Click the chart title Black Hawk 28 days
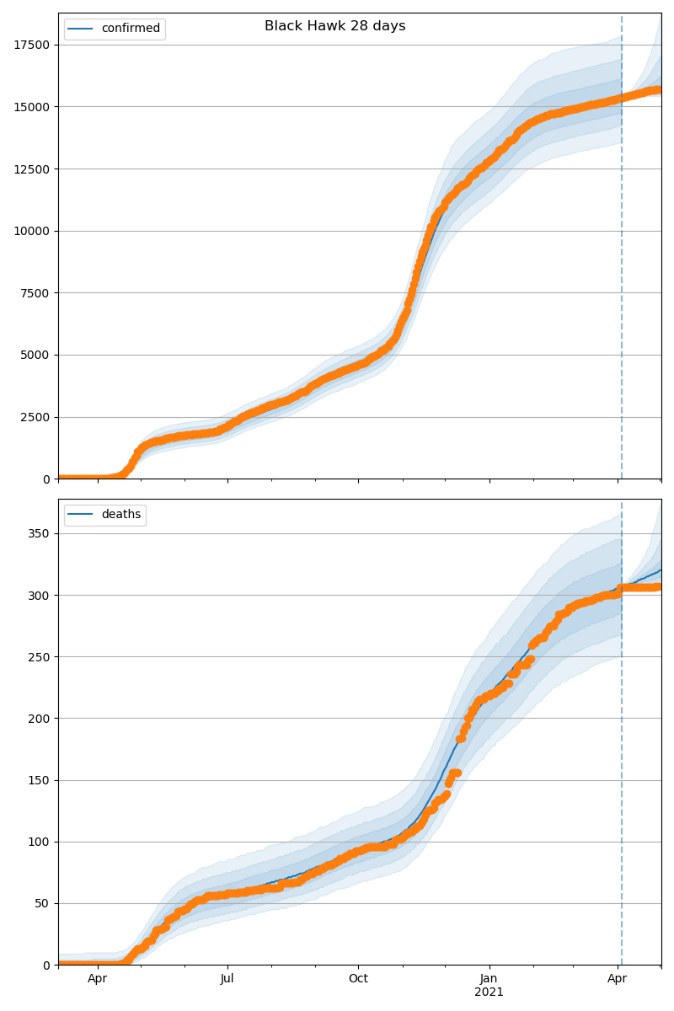334,26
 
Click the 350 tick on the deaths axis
40,533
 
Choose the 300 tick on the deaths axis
40,595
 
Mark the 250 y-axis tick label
40,656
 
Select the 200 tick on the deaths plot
40,719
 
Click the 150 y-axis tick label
40,780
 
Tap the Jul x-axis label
227,979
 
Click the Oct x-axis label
358,979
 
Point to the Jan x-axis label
489,979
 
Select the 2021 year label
489,992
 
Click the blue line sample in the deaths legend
81,515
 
